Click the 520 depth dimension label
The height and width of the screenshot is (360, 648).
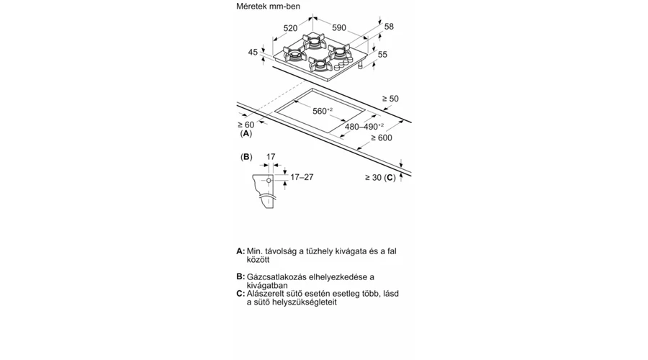tap(291, 28)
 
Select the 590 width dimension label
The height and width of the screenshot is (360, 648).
tap(339, 27)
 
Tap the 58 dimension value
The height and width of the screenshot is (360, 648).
tap(389, 27)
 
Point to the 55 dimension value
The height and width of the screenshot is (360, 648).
tap(382, 54)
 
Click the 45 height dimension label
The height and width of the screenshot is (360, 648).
tap(253, 52)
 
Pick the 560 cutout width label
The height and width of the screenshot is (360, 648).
tap(323, 111)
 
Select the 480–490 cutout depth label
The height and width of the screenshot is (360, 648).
tap(364, 127)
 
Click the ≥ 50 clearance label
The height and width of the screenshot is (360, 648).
tap(390, 99)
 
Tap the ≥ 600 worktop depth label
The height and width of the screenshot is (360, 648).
tap(382, 138)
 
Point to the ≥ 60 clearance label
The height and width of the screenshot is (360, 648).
tap(246, 125)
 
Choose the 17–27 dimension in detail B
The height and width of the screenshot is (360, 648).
tap(302, 177)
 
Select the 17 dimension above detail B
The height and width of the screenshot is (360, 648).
tap(271, 157)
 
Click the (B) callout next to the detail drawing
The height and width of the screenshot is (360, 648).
tap(246, 157)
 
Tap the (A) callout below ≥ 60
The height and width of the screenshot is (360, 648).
tap(246, 133)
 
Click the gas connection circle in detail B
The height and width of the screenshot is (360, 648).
tap(269, 181)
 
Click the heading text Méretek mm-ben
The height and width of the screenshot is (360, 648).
tap(269, 6)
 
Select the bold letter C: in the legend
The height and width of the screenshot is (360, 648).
tap(240, 294)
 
